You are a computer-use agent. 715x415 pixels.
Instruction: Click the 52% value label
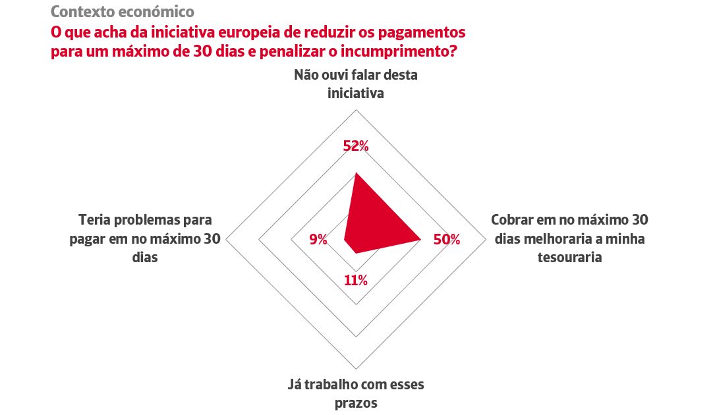click(356, 146)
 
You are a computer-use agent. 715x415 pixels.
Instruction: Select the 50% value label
click(446, 240)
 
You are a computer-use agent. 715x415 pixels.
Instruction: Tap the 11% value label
click(356, 280)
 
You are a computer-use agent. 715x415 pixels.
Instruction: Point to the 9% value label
click(318, 240)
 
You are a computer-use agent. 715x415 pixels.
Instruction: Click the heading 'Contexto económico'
click(123, 11)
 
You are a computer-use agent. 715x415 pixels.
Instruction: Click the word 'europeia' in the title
click(278, 32)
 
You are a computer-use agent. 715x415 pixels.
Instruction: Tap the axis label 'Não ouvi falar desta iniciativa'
click(356, 84)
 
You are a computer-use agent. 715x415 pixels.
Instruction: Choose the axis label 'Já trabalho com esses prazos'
click(356, 393)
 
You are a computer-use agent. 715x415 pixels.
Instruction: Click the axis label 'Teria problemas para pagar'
click(145, 238)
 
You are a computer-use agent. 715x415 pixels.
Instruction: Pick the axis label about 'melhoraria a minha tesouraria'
click(568, 238)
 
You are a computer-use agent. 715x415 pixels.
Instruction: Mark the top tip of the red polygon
click(356, 173)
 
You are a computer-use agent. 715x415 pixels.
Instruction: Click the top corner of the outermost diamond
click(357, 109)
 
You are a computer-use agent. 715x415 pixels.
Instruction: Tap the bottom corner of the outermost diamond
click(357, 369)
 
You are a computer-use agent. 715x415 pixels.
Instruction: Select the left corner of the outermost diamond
click(227, 239)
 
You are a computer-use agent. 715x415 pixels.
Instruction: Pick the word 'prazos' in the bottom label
click(356, 402)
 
